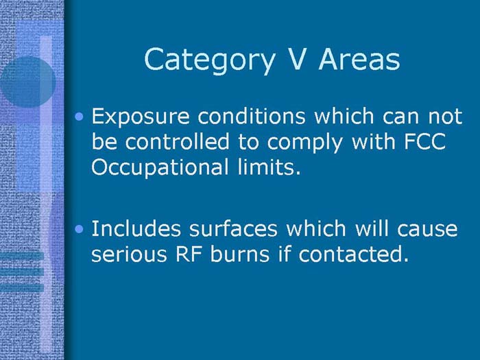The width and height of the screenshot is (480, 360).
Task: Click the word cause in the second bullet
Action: [428, 229]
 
